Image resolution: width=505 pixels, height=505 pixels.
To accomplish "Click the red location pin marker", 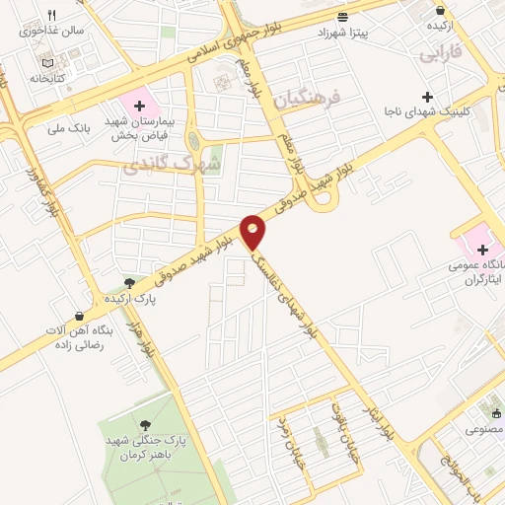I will coord(253,231).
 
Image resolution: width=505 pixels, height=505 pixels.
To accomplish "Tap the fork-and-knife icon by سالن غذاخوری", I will coord(52,15).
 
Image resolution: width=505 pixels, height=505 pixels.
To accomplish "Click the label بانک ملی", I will coord(70,127).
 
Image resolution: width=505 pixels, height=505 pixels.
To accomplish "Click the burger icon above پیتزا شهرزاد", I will coord(342,17).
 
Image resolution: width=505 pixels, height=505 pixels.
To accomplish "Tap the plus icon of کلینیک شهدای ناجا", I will coord(427,97).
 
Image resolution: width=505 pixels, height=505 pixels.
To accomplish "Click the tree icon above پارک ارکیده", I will coord(129,283).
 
